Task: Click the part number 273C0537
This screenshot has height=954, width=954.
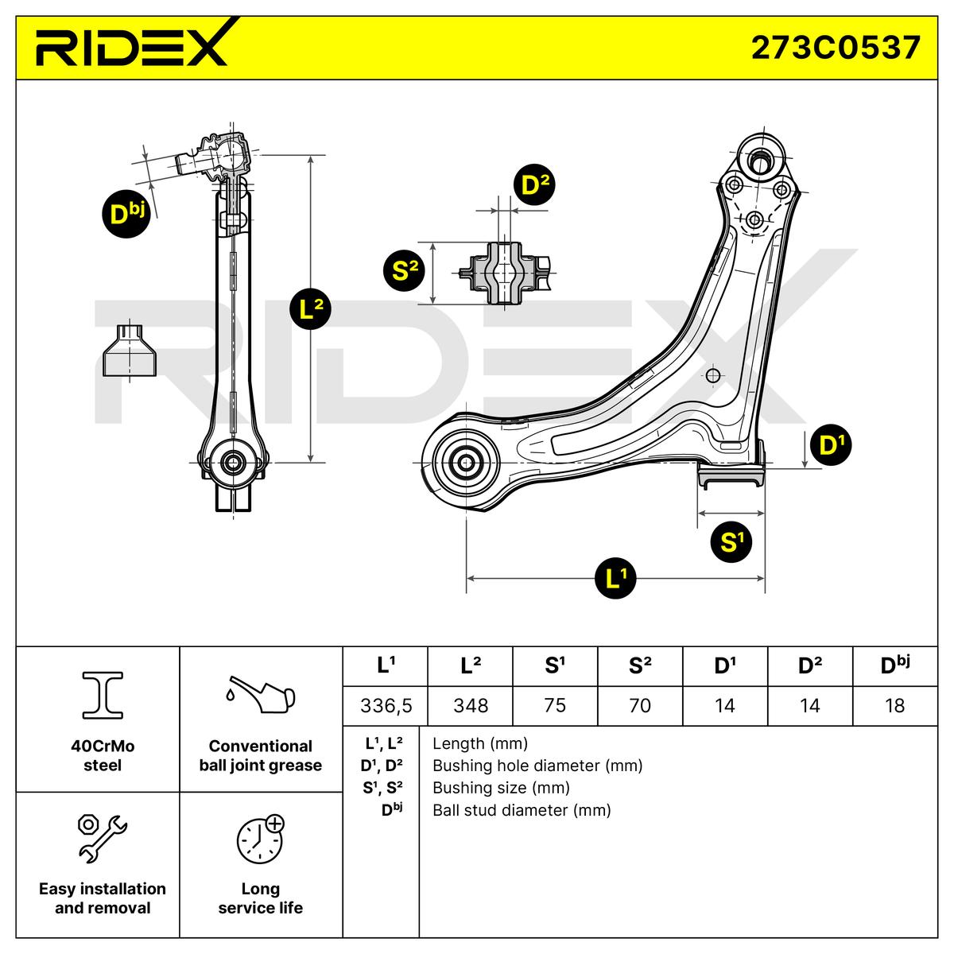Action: (x=836, y=48)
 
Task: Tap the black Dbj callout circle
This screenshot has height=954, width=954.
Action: (x=126, y=214)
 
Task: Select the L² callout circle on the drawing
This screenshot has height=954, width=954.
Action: (x=310, y=309)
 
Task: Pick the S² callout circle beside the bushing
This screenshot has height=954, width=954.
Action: (x=405, y=270)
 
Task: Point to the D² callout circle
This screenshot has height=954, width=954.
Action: (x=534, y=184)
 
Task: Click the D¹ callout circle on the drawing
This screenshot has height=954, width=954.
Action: (x=832, y=444)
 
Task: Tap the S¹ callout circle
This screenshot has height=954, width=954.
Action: (x=731, y=542)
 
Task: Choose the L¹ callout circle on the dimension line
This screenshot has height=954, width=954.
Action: (x=615, y=578)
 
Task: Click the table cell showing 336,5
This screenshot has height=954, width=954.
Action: (x=386, y=705)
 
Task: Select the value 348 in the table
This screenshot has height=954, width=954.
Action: (x=471, y=705)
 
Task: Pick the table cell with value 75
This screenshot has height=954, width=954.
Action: (x=555, y=705)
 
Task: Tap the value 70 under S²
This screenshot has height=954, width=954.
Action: (x=640, y=705)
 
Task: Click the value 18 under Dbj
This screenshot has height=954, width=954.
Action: (x=895, y=705)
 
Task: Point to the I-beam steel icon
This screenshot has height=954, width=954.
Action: (x=103, y=695)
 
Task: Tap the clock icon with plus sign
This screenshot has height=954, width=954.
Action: (x=261, y=838)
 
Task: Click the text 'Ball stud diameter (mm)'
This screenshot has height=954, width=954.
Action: (x=522, y=810)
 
